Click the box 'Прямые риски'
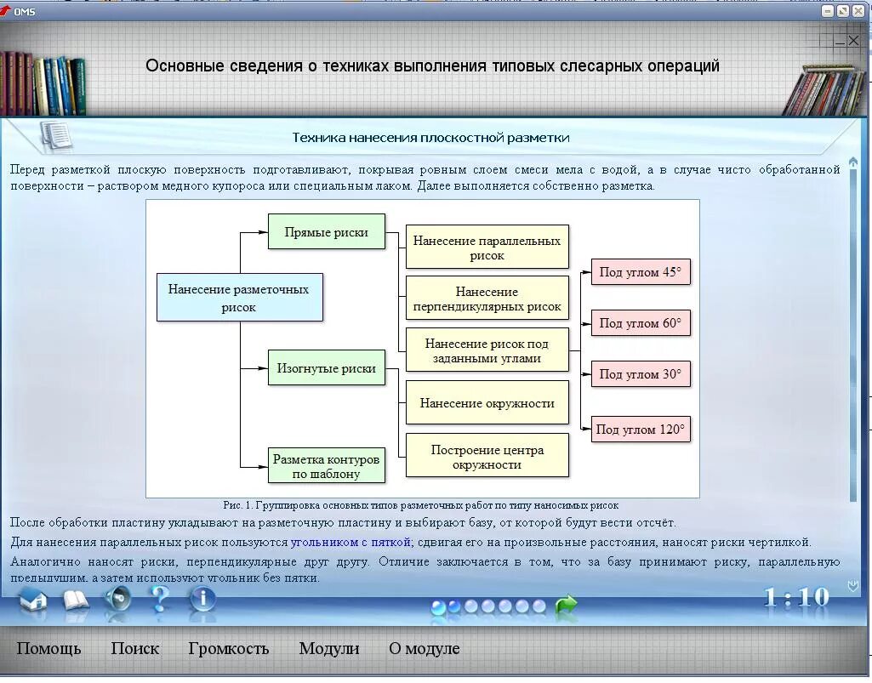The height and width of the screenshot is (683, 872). coord(327,232)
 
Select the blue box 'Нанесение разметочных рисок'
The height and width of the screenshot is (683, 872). coord(239,298)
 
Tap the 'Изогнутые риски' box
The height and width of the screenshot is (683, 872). coord(327,368)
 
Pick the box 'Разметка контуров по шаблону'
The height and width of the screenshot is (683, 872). coord(327,466)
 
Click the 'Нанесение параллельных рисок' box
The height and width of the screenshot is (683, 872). coord(487,248)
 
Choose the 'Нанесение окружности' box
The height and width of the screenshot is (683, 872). coord(487,403)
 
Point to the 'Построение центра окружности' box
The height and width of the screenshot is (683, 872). coord(487,457)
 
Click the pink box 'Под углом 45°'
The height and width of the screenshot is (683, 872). coord(641,272)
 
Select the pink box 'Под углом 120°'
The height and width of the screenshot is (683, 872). coord(641,430)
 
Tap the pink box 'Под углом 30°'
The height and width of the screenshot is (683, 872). coord(641,374)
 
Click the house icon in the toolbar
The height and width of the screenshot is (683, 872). coord(33,600)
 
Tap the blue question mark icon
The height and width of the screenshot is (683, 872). coord(159,600)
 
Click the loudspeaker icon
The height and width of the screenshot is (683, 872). coord(117,600)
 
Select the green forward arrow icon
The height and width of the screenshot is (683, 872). coord(566,606)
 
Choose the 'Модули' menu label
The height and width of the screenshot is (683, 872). coord(329,648)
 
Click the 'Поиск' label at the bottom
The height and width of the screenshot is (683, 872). coord(134,648)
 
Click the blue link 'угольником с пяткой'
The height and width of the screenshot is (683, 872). coord(351,542)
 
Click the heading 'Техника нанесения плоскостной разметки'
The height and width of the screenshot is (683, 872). coord(430,138)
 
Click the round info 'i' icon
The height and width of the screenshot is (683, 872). coord(202,600)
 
